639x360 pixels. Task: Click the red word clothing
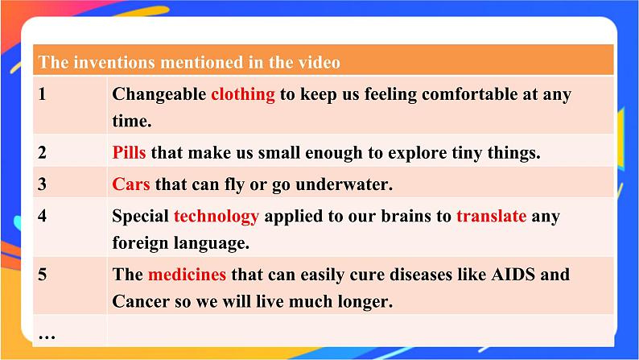click(x=242, y=94)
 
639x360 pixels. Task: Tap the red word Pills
click(x=129, y=152)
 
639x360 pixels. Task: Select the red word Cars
click(x=131, y=184)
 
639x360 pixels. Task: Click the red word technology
click(x=216, y=216)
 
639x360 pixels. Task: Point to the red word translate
click(x=491, y=216)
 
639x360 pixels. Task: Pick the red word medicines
click(x=187, y=275)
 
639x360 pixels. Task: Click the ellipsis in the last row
click(x=47, y=332)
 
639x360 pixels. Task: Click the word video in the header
click(x=318, y=62)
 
